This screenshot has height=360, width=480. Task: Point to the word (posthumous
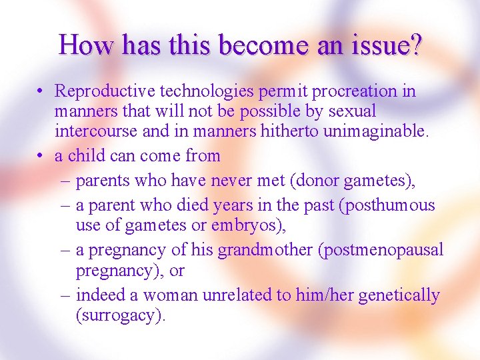click(x=387, y=205)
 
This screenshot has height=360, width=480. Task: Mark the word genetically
click(x=399, y=295)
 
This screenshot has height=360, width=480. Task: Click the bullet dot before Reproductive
click(x=41, y=91)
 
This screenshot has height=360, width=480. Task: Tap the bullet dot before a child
click(x=41, y=157)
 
